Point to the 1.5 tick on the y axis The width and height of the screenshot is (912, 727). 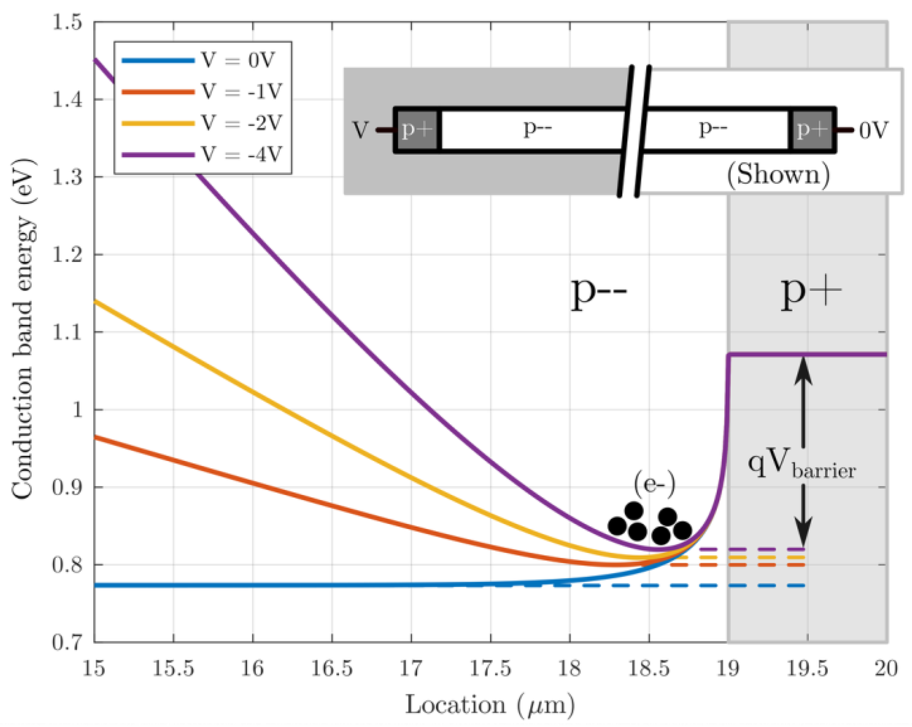coord(67,22)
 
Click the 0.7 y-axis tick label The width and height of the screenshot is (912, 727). coord(67,642)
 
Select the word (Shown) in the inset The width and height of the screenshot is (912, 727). coord(778,174)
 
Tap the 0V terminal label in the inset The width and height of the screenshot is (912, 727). coord(873,131)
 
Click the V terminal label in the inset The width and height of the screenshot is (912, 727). coord(360,130)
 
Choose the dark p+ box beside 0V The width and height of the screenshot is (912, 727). coord(812,130)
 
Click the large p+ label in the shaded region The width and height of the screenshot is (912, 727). coord(810,292)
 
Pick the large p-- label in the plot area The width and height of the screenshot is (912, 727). coord(599,292)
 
